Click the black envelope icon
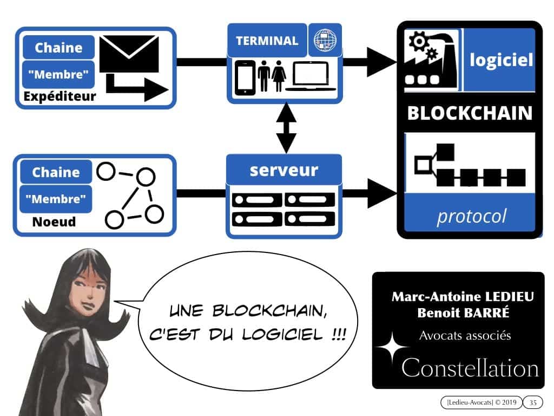[x=129, y=54]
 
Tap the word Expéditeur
[x=60, y=97]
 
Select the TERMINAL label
[x=266, y=41]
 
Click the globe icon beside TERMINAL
[x=325, y=41]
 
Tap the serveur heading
[x=284, y=170]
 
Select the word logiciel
[x=501, y=60]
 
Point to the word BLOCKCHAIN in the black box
[x=470, y=113]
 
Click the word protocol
[x=471, y=216]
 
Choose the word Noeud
[x=54, y=222]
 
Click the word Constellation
[x=470, y=368]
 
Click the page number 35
[x=533, y=402]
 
